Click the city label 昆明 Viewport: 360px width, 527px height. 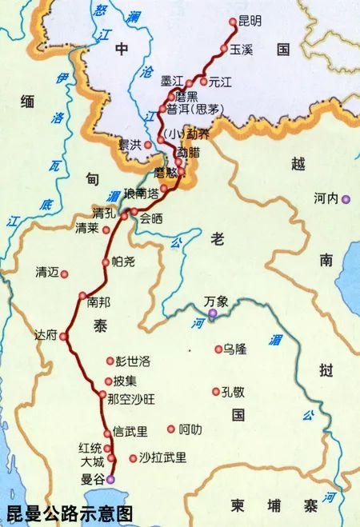[x=250, y=23]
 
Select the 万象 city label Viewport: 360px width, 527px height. [x=216, y=301]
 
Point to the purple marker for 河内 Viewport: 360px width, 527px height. [x=346, y=201]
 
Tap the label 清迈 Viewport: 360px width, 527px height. [x=48, y=272]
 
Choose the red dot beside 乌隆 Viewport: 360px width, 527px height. [x=218, y=349]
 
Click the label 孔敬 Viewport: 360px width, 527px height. [x=232, y=391]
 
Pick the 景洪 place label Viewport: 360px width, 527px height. [x=129, y=145]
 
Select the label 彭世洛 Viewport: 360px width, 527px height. [x=133, y=361]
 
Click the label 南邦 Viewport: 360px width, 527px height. [x=94, y=301]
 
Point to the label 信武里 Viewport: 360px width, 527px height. [x=130, y=432]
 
